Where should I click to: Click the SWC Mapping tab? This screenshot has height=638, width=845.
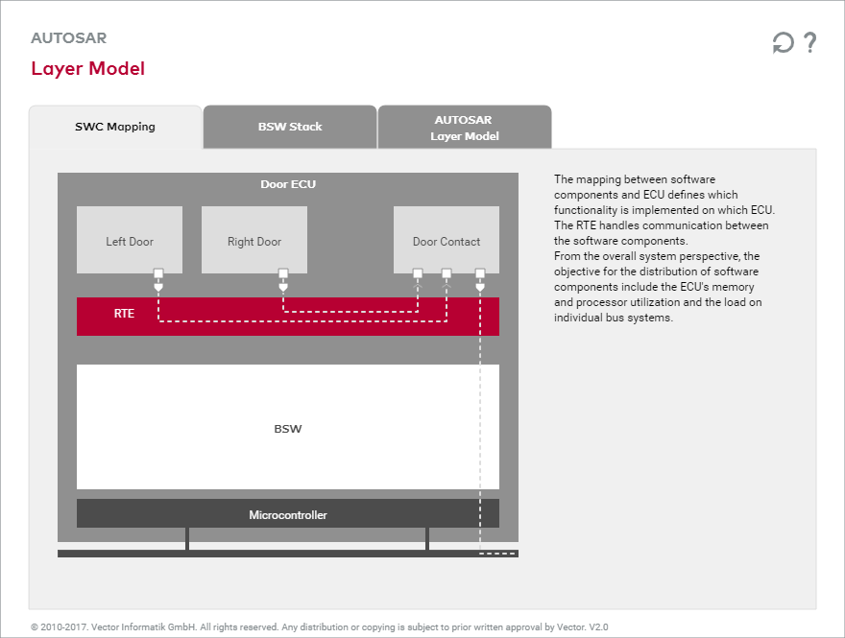pos(115,127)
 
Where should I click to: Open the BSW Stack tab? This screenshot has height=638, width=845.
pos(290,127)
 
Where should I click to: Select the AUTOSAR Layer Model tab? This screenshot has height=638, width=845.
pos(465,128)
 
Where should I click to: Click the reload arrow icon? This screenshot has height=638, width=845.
pos(784,43)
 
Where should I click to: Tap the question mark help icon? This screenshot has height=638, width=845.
pos(810,42)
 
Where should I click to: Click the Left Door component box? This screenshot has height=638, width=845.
pos(130,241)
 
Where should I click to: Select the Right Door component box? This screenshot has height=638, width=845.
pos(254,241)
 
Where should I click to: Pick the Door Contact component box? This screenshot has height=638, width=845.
pos(447,241)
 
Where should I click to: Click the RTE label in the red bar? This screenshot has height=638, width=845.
pos(124,314)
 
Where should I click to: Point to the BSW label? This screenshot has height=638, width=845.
pos(288,428)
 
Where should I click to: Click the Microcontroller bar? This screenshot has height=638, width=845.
pos(288,514)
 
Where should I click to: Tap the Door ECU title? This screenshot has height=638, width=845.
pos(288,184)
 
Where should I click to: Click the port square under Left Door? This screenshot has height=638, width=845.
pos(158,273)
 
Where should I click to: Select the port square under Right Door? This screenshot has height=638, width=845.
pos(283,273)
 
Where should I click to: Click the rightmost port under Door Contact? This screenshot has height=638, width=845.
pos(480,273)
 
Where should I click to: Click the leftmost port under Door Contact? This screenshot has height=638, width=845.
pos(418,273)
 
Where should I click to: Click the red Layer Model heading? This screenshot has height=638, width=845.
pos(88,68)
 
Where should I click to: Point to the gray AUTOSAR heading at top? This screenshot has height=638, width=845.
pos(69,38)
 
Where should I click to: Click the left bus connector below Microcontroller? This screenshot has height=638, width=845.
pos(187,538)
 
